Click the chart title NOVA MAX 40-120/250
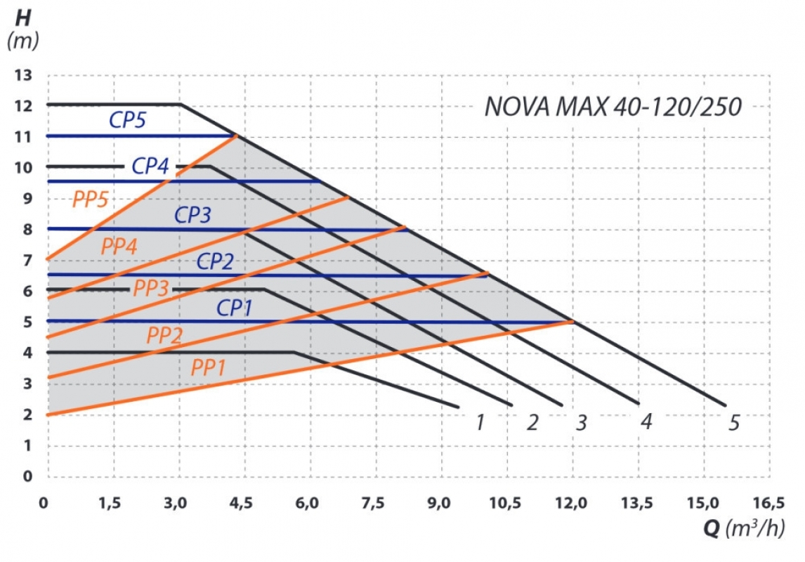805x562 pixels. point(613,107)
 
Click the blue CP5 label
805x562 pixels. point(127,120)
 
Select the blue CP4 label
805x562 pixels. point(150,166)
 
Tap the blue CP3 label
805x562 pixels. point(192,215)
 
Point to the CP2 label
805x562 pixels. point(215,262)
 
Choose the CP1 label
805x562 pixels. point(235,308)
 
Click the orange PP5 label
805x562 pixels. point(91,200)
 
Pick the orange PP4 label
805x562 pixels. point(119,247)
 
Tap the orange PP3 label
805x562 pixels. point(151,288)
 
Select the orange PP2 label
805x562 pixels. point(164,335)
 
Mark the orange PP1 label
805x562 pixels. point(209,367)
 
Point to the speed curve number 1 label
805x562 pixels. point(480,422)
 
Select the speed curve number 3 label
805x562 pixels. point(581,422)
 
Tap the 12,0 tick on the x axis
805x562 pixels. point(572,502)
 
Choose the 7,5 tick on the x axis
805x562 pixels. point(374,502)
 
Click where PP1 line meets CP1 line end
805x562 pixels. point(572,322)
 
